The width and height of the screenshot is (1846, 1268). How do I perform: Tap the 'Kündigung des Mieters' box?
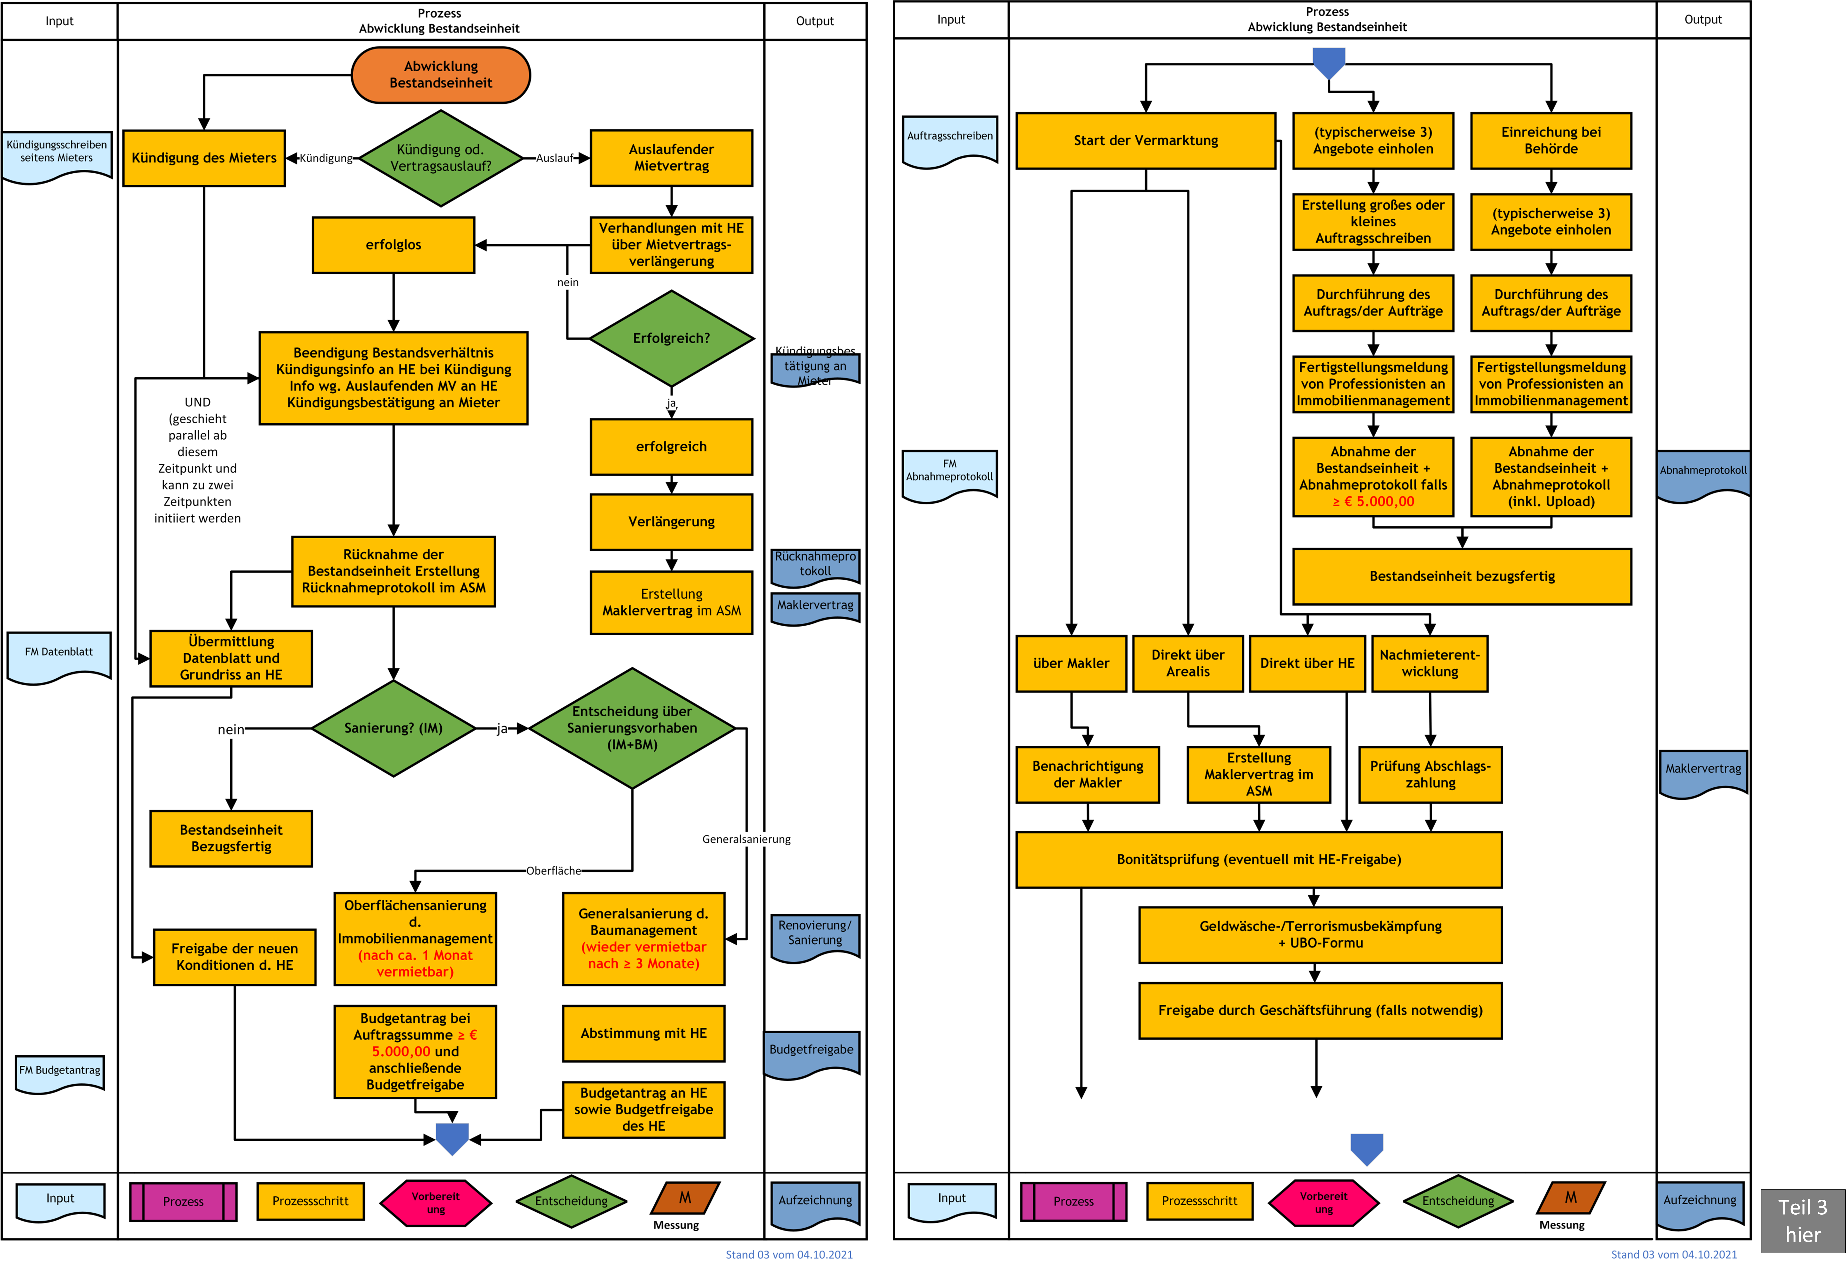[204, 158]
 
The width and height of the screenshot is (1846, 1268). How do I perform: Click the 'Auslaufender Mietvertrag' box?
[671, 158]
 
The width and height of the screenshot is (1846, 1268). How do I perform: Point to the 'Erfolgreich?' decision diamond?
[671, 338]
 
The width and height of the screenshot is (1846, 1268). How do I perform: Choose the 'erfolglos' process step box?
[393, 245]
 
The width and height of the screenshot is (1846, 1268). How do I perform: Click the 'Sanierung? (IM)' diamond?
[393, 728]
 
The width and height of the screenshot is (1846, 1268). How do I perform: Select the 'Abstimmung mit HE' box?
[644, 1033]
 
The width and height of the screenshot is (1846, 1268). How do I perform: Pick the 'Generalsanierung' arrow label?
[746, 839]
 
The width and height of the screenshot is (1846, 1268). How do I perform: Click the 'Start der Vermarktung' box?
[1146, 141]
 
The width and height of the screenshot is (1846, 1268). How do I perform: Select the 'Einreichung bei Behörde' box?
[1551, 141]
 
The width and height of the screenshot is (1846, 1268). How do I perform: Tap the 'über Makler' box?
[1071, 663]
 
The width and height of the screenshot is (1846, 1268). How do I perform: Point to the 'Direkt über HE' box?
[1307, 663]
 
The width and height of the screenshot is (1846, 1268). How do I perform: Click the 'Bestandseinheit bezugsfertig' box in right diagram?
[1462, 576]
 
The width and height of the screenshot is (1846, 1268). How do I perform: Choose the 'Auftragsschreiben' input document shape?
[950, 141]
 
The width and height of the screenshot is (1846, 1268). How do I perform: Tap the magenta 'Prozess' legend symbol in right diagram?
[1074, 1201]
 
